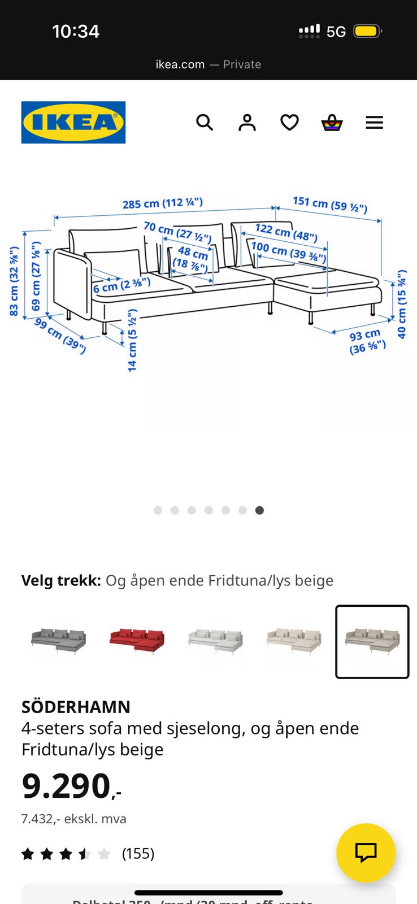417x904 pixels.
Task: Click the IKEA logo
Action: pos(73,122)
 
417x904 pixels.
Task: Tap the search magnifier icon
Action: pos(205,122)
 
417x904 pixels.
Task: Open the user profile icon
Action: pos(247,122)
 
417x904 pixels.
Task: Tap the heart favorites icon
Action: pos(289,122)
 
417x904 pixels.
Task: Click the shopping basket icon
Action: pos(332,122)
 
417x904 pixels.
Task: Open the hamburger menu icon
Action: pos(374,122)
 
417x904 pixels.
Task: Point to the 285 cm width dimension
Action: pos(162,203)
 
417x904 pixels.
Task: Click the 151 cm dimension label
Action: pos(329,204)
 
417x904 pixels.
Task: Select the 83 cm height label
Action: pos(14,281)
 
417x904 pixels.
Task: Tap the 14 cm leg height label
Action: pos(132,340)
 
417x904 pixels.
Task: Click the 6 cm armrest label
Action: pos(121,285)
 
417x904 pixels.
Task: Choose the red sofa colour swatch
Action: pos(137,641)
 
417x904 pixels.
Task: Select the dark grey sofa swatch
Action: pos(58,641)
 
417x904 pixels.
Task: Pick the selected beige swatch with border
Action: pos(372,641)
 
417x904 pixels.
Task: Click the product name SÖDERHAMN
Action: pos(76,707)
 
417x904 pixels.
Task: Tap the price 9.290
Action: pos(67,786)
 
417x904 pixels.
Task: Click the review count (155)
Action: pos(138,853)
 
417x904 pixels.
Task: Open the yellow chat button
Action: pos(366,852)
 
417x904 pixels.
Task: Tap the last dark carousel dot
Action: pos(259,510)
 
